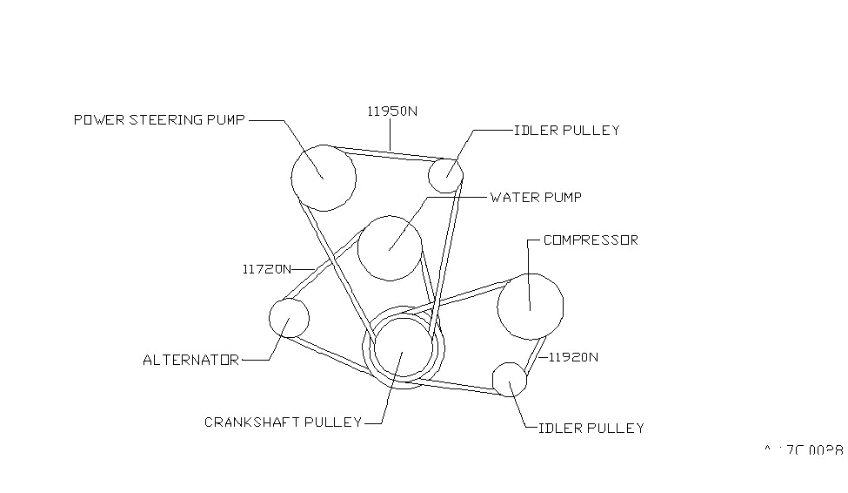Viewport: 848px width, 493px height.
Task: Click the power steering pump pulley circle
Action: (323, 178)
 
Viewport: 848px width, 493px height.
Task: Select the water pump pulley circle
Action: (390, 247)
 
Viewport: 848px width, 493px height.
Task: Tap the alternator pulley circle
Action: (289, 318)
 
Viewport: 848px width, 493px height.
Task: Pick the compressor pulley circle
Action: (530, 306)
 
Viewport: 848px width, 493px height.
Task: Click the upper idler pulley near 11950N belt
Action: (446, 175)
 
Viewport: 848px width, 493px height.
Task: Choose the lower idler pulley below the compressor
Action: (510, 380)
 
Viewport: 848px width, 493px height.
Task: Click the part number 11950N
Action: (391, 111)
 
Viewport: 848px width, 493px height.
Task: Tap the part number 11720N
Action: (267, 269)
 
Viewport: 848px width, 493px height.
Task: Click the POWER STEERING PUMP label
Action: (159, 119)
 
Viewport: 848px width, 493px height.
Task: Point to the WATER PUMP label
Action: (536, 198)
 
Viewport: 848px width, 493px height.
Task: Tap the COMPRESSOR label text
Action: (591, 240)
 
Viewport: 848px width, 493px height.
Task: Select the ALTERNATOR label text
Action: (190, 360)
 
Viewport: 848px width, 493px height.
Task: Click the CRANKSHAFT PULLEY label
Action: (283, 422)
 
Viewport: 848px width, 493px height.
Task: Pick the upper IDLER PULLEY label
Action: (567, 131)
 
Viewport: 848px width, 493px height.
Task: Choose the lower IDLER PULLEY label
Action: (591, 429)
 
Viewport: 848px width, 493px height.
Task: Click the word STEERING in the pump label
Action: (166, 119)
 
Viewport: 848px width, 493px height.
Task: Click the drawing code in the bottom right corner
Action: (803, 450)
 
